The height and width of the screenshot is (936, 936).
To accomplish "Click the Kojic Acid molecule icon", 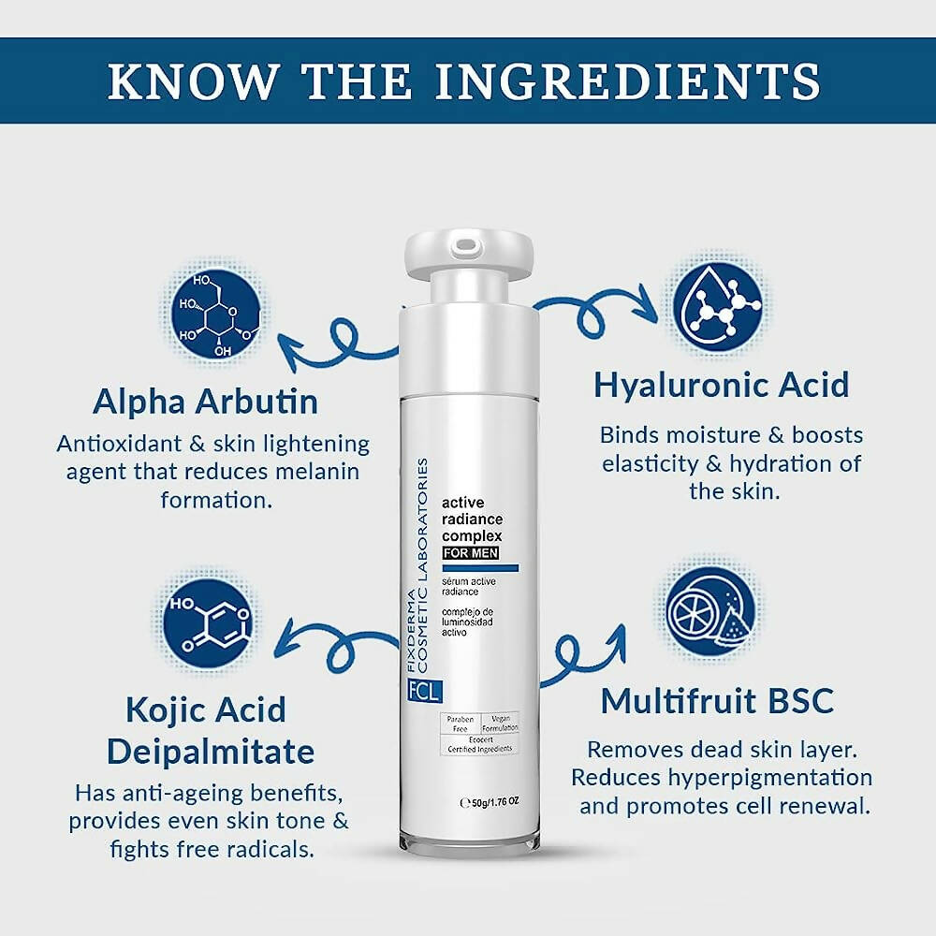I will (207, 623).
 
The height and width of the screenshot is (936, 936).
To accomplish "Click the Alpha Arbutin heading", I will (205, 402).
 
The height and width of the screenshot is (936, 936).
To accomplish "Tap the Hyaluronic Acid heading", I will (721, 385).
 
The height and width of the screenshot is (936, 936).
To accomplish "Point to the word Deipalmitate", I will (210, 751).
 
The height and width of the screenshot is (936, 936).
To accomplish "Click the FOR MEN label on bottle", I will (471, 552).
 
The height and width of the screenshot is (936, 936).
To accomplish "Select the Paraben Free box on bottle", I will (460, 723).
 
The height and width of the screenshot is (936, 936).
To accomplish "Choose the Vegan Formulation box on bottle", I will (499, 723).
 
